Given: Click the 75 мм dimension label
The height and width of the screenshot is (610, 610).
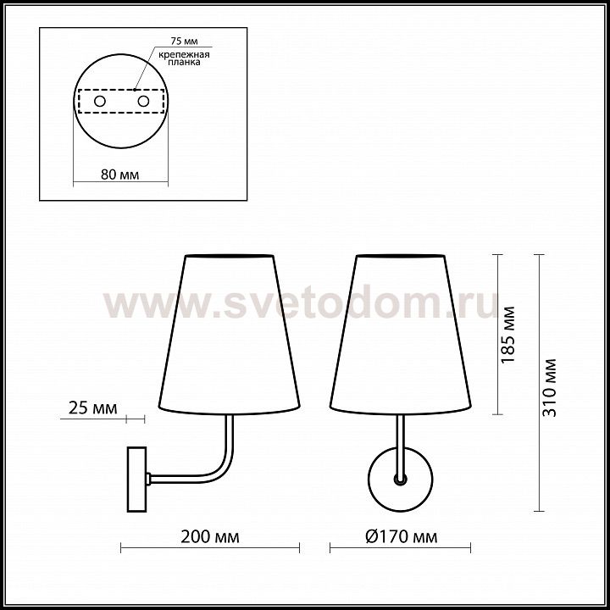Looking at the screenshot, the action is click(x=184, y=41).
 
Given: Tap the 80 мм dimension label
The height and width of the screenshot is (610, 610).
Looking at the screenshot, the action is click(x=119, y=175).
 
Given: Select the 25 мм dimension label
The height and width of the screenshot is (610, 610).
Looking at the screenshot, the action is click(x=92, y=408).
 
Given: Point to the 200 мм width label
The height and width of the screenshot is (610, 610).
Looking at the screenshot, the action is click(x=210, y=537).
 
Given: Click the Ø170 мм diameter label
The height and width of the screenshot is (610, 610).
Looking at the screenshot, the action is click(x=402, y=537).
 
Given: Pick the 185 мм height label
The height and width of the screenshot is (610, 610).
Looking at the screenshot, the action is click(x=508, y=335).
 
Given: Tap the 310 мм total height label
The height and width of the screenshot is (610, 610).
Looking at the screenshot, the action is click(x=550, y=387).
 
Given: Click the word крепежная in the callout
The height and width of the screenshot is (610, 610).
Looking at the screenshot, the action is click(x=184, y=54).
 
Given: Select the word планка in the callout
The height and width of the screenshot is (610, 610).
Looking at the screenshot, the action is click(x=184, y=62).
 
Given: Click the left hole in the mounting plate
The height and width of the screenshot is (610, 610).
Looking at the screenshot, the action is click(x=100, y=102).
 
